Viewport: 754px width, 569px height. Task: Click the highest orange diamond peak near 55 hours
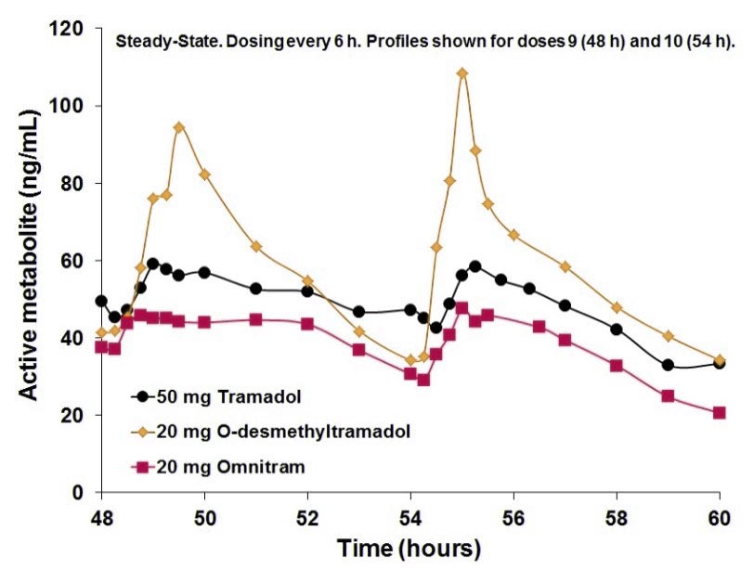(461, 73)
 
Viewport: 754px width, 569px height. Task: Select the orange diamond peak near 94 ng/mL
(179, 127)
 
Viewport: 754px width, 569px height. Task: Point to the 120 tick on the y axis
(71, 29)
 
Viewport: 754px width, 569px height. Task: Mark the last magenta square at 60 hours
(719, 413)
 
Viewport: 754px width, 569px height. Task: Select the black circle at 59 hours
(668, 365)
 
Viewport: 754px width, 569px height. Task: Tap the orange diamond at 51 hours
(256, 246)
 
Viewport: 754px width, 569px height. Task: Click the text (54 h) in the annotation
(712, 42)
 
